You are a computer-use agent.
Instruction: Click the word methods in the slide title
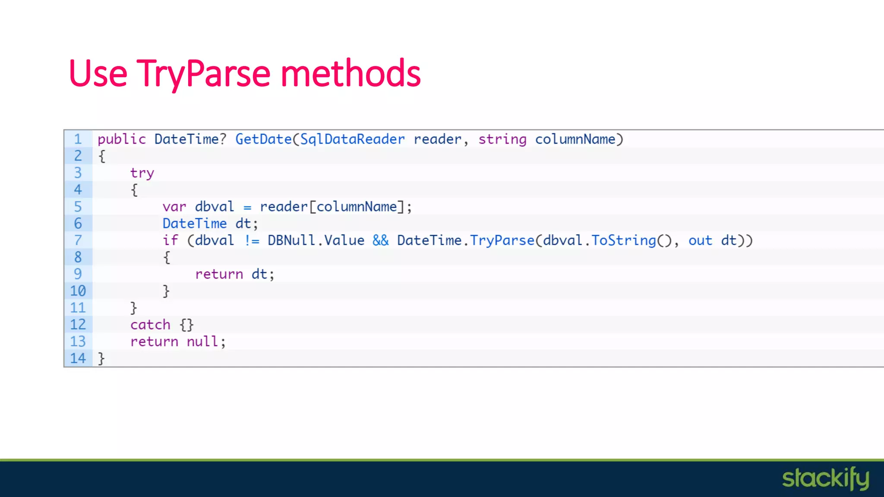point(350,73)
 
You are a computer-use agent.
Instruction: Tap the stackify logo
point(825,478)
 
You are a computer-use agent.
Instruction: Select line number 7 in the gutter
point(78,240)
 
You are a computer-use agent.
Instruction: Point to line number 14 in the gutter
point(78,358)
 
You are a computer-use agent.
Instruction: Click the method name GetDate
point(263,139)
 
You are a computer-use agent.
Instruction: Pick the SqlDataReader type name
point(352,139)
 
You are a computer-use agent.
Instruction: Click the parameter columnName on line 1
point(575,139)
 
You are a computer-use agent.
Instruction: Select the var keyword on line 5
point(174,207)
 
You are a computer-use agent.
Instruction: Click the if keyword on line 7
point(170,240)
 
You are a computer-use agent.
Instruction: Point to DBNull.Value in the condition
point(316,240)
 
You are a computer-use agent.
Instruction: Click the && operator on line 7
point(380,240)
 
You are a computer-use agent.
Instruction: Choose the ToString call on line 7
point(623,240)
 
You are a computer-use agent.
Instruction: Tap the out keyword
point(700,240)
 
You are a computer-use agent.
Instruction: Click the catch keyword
point(150,325)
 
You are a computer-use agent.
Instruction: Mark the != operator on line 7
point(252,240)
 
